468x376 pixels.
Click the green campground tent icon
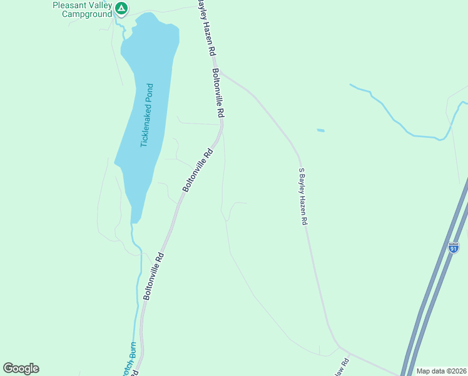121,9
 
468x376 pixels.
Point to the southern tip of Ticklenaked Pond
135,221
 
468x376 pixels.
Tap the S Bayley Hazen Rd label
303,196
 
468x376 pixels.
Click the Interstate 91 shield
454,248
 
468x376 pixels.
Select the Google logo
21,368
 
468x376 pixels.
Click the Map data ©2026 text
441,371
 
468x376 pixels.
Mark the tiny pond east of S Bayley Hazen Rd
321,130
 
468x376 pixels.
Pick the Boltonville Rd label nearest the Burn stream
153,276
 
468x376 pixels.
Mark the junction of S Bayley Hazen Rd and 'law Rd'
338,347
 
